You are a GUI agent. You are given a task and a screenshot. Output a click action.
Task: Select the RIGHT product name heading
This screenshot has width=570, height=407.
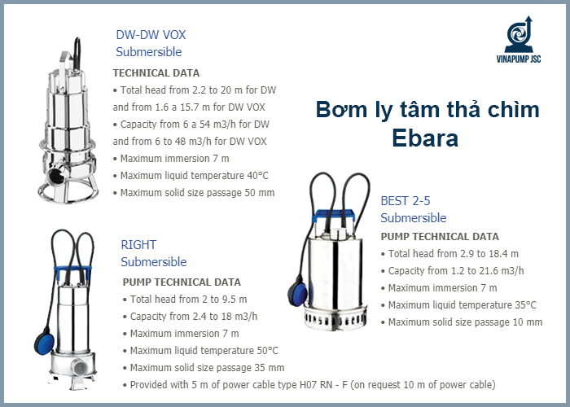tap(138, 244)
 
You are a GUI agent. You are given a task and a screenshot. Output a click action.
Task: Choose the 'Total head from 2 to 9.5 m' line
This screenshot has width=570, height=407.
tap(188, 299)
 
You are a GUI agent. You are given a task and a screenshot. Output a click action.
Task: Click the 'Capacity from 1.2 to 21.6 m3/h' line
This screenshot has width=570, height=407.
tap(456, 270)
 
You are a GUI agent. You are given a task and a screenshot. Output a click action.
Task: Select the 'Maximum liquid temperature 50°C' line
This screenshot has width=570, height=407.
tap(200, 350)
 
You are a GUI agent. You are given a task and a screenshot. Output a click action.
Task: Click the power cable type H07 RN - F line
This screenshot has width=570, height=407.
tap(309, 384)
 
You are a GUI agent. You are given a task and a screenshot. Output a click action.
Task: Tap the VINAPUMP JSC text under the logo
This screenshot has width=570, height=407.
tap(520, 59)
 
